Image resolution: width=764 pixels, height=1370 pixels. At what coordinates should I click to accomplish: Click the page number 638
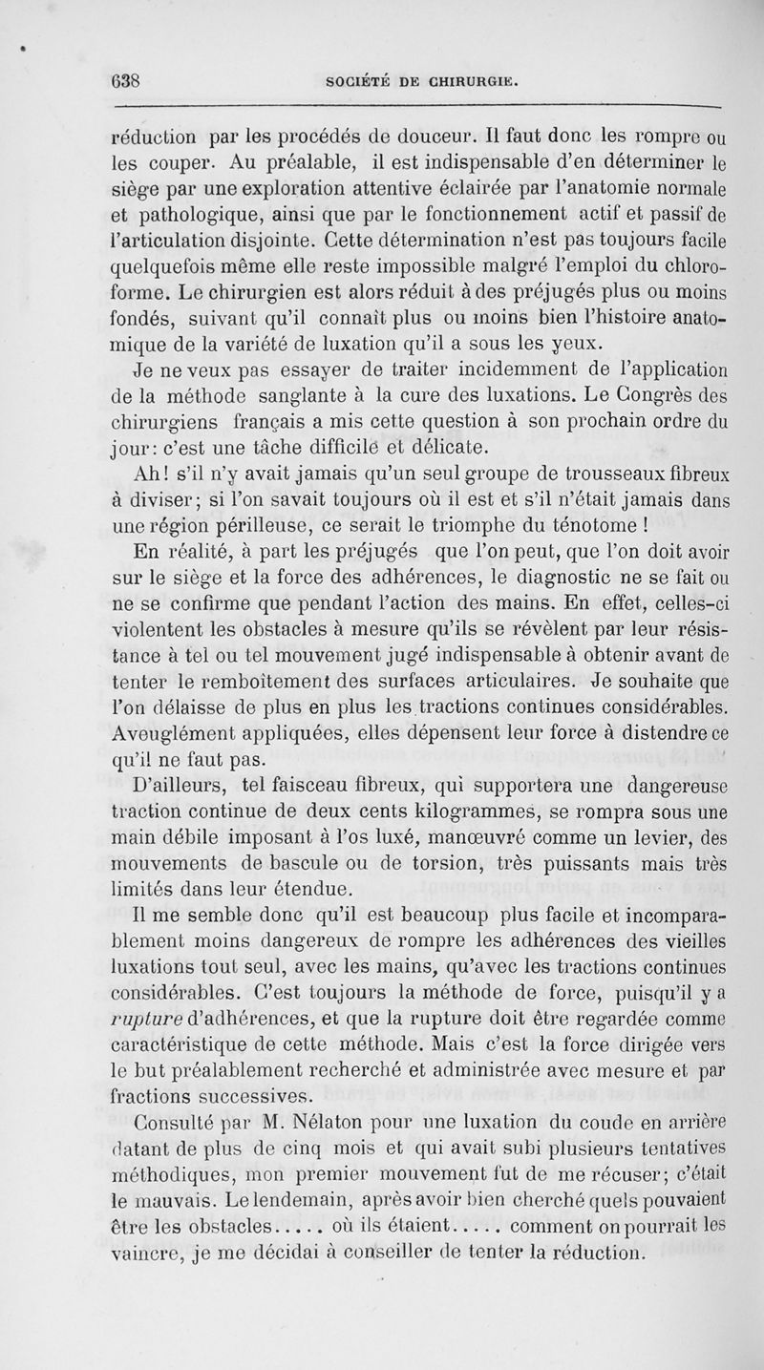tap(125, 80)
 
